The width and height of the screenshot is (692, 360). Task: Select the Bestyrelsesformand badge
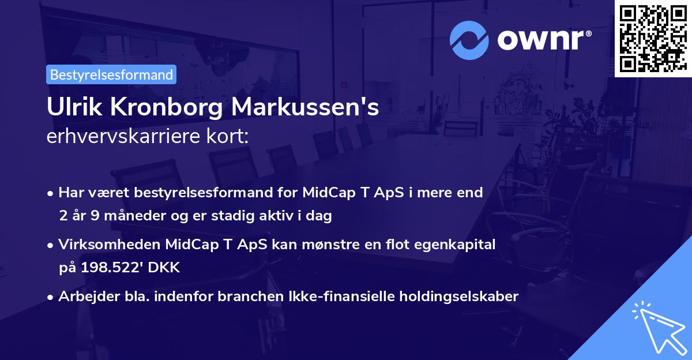click(111, 74)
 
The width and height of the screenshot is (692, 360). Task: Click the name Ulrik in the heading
click(70, 108)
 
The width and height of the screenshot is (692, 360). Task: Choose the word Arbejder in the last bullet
click(86, 297)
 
